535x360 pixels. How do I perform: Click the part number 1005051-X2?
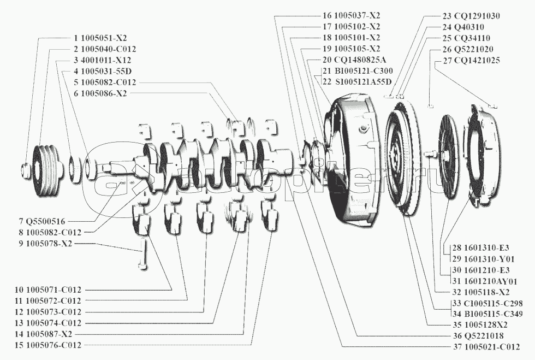tap(104, 39)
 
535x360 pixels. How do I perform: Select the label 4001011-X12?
tap(106, 60)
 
